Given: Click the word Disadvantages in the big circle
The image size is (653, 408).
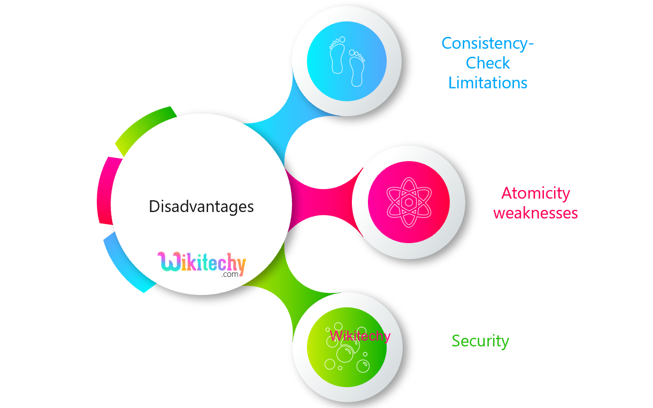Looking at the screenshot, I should coord(201,206).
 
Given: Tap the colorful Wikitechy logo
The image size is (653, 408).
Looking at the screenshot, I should coord(202,263).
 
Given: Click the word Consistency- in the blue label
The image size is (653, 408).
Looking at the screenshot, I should coord(487,43).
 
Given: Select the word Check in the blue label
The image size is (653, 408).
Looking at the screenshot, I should coord(488,63).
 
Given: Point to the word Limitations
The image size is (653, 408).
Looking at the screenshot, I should coord(488,83).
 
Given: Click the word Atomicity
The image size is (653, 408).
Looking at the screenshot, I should coord(535,193).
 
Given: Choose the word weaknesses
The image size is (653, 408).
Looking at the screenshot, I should coord(535,213).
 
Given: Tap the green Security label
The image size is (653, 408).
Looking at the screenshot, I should coord(480,341).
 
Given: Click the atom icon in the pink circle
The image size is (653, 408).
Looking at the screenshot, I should coord(409,202).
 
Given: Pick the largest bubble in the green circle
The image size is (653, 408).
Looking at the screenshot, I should coord(345,353).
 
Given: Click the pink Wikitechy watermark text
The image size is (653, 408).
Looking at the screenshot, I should coord(359,336).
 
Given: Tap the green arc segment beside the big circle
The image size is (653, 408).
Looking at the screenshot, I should coord(144,129).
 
